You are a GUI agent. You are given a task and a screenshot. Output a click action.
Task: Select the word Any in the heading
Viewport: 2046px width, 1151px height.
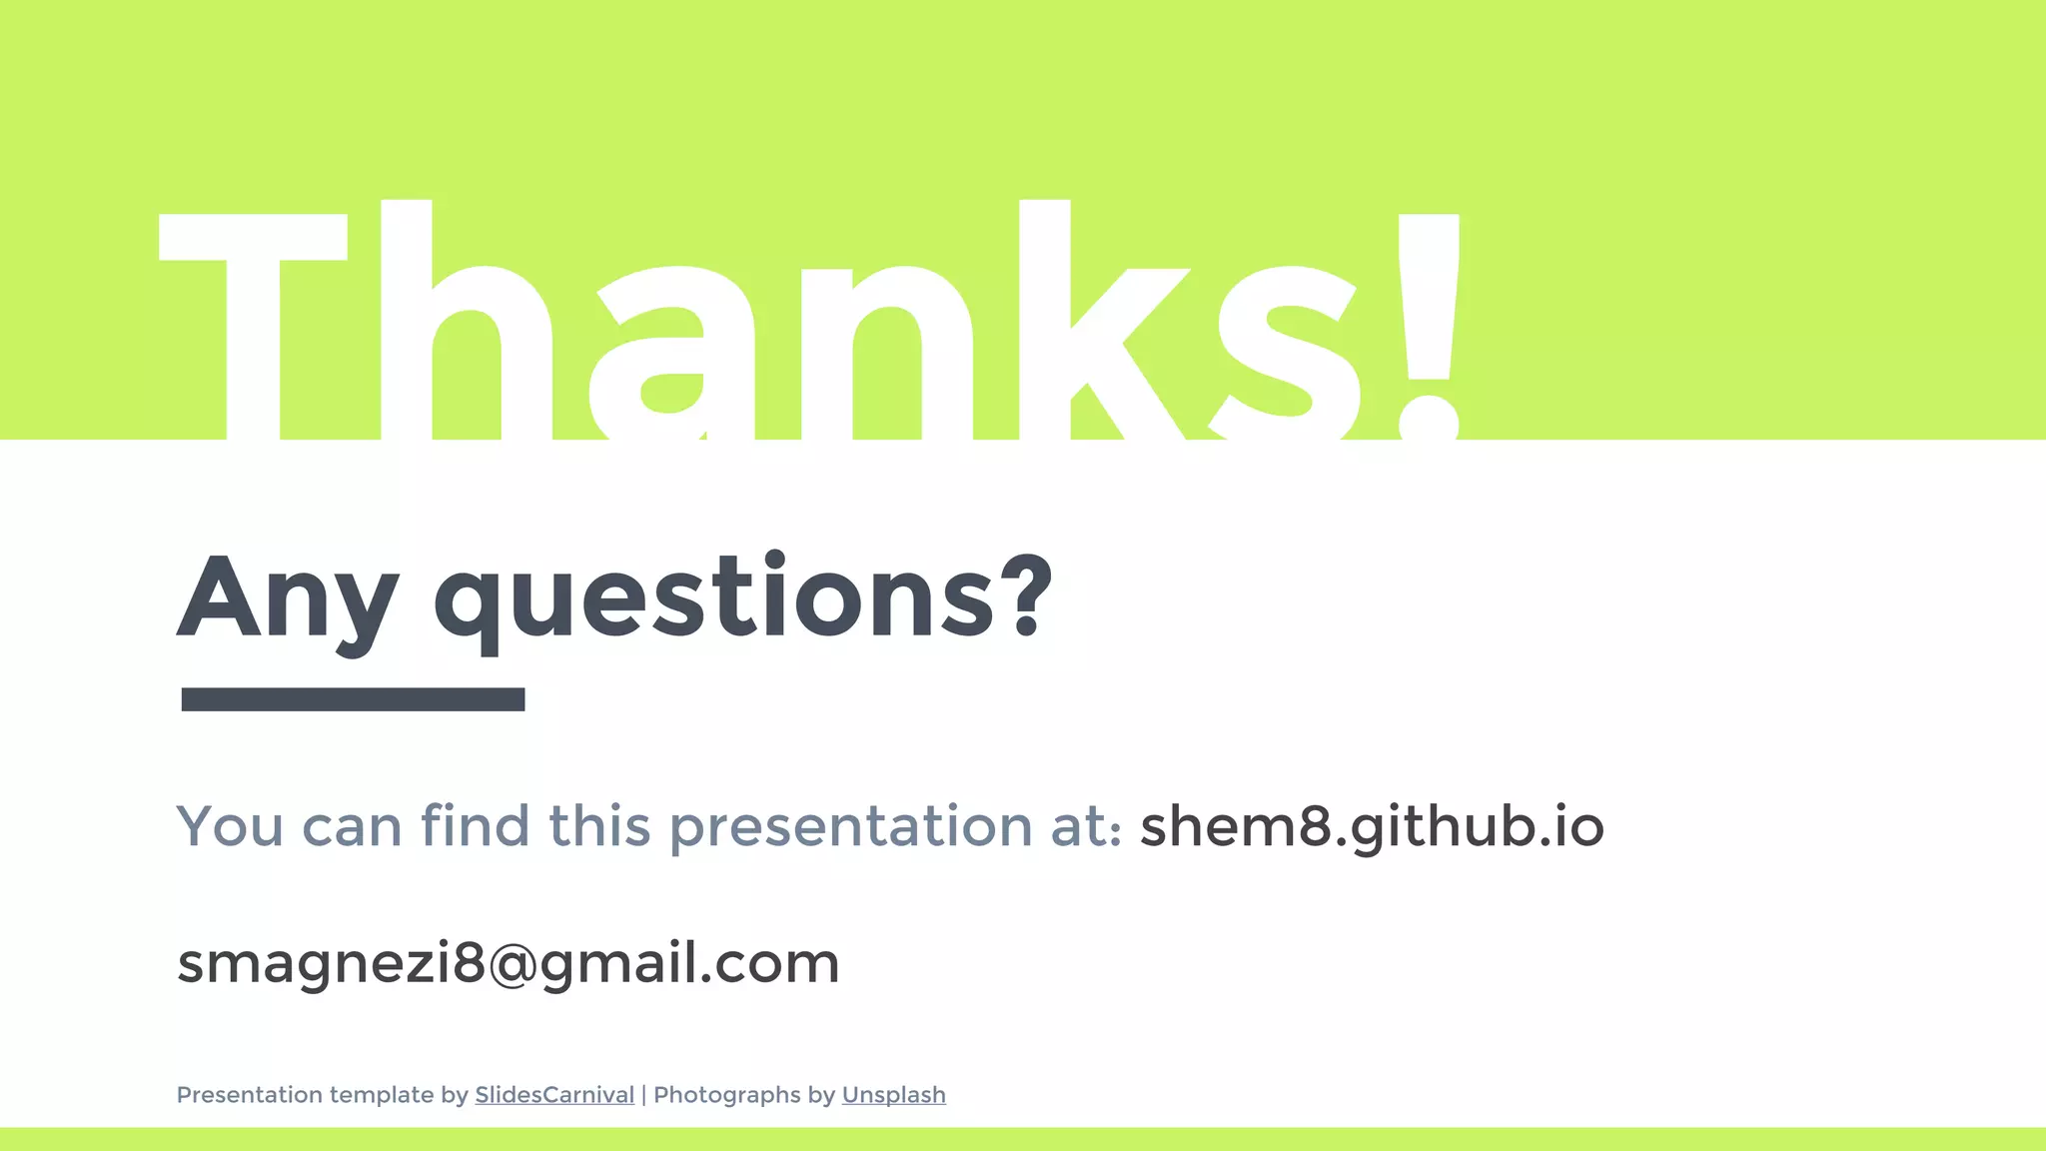point(288,599)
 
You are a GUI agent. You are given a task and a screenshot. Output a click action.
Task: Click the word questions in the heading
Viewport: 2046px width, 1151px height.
point(714,599)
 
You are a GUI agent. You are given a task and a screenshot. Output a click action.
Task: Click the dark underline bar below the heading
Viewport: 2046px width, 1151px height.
point(353,699)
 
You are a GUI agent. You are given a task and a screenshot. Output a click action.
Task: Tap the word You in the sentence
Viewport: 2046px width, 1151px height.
point(230,827)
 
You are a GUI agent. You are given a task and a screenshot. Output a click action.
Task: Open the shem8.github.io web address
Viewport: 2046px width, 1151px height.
point(1372,827)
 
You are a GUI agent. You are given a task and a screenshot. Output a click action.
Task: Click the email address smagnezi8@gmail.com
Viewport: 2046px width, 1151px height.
point(508,964)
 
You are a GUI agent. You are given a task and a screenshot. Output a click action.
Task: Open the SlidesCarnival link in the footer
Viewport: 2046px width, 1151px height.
point(554,1095)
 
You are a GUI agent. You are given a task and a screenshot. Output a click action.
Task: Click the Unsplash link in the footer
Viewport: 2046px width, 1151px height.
point(893,1095)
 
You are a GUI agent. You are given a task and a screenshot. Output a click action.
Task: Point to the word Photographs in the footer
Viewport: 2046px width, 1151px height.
point(727,1095)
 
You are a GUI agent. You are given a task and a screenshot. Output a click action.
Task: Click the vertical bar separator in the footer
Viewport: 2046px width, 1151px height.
point(644,1095)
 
